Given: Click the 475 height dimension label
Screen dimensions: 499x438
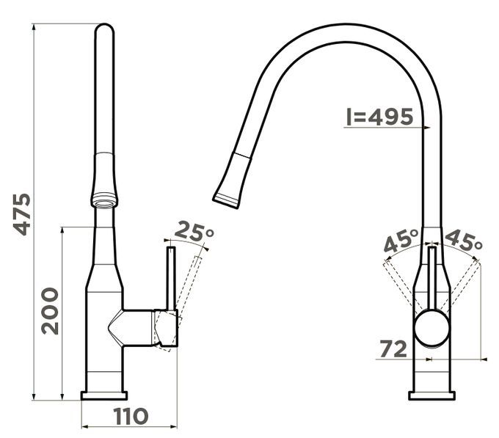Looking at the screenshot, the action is click(22, 214).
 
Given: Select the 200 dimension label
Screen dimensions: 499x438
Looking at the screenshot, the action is click(50, 311).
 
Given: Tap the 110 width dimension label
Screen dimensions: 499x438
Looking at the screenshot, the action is click(131, 417).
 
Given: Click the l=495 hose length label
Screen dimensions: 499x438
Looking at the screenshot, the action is click(379, 117).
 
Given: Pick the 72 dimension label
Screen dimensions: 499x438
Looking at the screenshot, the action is click(393, 349).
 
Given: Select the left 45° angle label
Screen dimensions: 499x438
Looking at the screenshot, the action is click(401, 240).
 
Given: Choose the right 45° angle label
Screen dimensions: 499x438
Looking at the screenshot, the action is click(463, 240).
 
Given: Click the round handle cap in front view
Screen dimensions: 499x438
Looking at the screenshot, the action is click(431, 329).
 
